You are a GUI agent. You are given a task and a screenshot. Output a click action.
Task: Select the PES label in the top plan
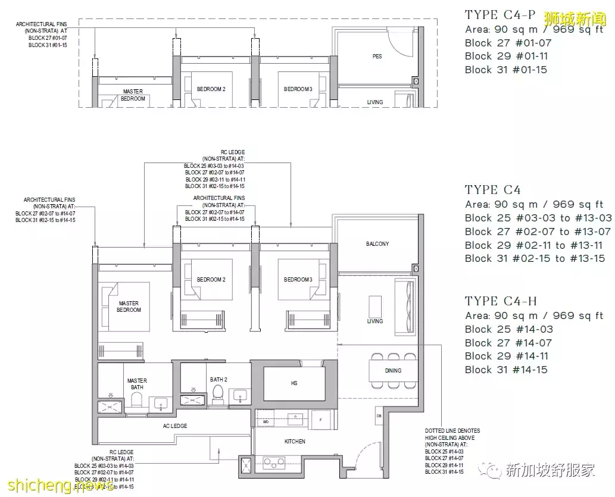pyautogui.click(x=377, y=57)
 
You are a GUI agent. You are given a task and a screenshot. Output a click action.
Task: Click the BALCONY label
pyautogui.click(x=377, y=244)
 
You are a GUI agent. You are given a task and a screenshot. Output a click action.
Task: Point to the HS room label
pyautogui.click(x=294, y=384)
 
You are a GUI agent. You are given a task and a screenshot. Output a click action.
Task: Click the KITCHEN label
pyautogui.click(x=295, y=441)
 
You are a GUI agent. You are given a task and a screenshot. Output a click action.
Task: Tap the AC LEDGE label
pyautogui.click(x=175, y=426)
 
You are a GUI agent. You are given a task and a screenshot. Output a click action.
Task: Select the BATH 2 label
pyautogui.click(x=218, y=379)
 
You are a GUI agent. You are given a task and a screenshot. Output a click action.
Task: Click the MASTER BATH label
pyautogui.click(x=137, y=384)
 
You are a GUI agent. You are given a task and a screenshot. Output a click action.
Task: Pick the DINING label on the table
pyautogui.click(x=393, y=370)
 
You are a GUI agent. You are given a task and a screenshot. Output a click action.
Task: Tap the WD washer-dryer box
pyautogui.click(x=266, y=421)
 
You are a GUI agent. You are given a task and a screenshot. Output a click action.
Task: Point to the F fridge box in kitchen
pyautogui.click(x=321, y=420)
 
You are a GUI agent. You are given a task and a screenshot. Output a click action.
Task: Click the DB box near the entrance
pyautogui.click(x=379, y=415)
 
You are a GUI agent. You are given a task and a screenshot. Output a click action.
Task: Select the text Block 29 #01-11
pyautogui.click(x=506, y=57)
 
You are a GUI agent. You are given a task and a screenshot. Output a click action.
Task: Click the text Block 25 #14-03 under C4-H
pyautogui.click(x=508, y=329)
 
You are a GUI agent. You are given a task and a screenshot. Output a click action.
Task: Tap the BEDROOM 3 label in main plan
pyautogui.click(x=298, y=280)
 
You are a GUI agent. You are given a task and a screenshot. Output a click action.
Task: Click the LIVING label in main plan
pyautogui.click(x=375, y=321)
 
